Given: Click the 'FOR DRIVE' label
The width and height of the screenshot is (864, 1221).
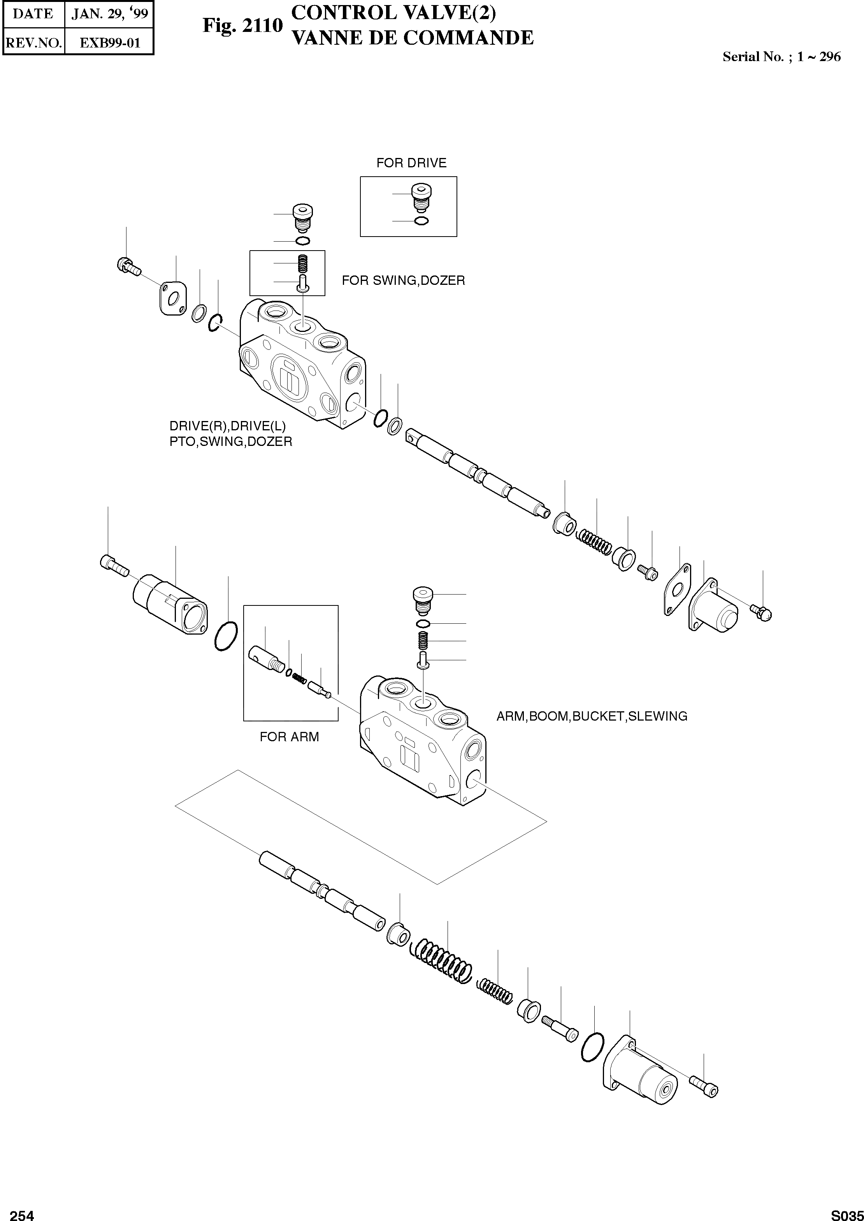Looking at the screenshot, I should tap(411, 163).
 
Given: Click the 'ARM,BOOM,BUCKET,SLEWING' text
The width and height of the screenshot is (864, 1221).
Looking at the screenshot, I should tap(592, 716).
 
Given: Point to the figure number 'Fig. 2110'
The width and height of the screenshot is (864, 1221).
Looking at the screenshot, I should tap(242, 26).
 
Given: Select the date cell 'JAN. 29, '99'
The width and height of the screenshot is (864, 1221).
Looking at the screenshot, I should tap(110, 14).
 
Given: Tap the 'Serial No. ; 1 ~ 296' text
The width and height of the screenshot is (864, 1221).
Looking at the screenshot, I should tap(781, 57).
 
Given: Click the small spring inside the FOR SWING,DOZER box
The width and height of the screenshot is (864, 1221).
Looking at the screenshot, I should tap(303, 263).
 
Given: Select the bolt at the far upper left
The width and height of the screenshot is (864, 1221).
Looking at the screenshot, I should tap(126, 265).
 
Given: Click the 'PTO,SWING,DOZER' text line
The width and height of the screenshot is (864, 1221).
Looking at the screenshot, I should tap(230, 441).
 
